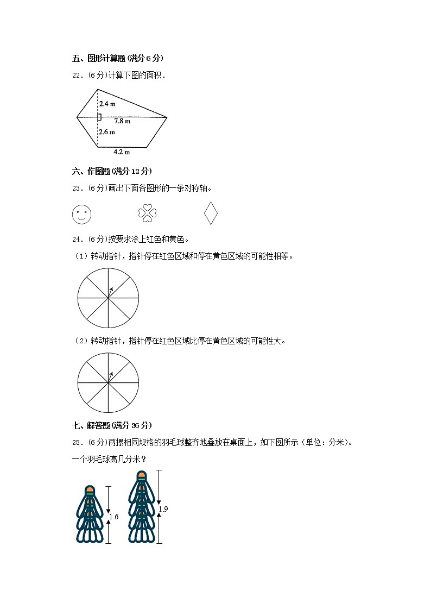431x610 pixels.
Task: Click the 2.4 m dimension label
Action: click(x=107, y=103)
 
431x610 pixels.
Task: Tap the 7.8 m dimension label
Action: click(x=122, y=121)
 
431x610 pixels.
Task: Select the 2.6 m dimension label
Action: click(x=107, y=132)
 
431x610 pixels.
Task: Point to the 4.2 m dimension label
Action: click(x=122, y=152)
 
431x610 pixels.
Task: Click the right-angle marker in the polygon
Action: click(x=99, y=117)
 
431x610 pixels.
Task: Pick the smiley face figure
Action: click(x=81, y=214)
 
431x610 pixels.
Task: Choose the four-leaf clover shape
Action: click(x=147, y=213)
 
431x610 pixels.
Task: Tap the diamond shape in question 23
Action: click(x=211, y=213)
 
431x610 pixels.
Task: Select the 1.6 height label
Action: click(x=113, y=517)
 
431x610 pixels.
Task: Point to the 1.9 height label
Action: click(x=163, y=509)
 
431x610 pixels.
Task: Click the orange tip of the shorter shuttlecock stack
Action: click(x=90, y=490)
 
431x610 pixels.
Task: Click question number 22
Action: click(x=76, y=76)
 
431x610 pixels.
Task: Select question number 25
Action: click(x=76, y=442)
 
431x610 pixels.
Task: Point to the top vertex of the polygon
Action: click(x=98, y=89)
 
